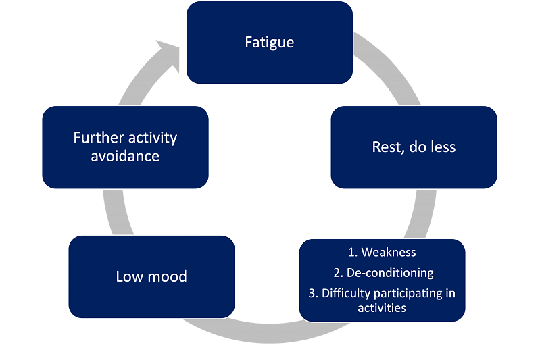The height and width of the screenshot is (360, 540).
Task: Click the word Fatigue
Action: [x=269, y=43]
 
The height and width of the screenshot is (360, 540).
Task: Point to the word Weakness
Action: [x=389, y=253]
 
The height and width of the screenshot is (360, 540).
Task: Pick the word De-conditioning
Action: [x=390, y=273]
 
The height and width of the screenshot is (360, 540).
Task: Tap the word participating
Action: [x=408, y=294]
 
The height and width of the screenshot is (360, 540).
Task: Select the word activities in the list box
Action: [x=382, y=308]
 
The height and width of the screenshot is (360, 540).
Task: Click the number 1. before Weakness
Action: [x=353, y=253]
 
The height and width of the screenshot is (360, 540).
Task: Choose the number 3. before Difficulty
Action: [x=313, y=294]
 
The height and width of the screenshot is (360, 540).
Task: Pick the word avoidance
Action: [x=125, y=156]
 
